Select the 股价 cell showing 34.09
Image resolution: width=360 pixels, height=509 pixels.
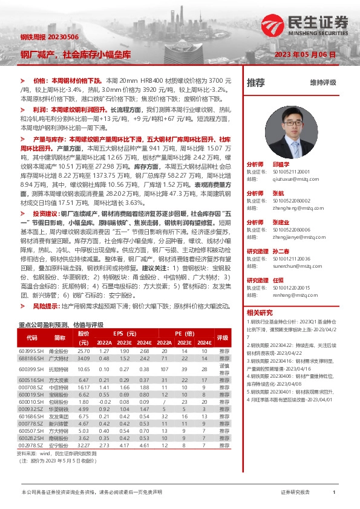(x=83, y=358)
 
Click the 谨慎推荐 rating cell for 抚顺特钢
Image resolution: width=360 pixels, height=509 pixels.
(x=224, y=369)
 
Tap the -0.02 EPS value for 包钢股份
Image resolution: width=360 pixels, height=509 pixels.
(x=105, y=401)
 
